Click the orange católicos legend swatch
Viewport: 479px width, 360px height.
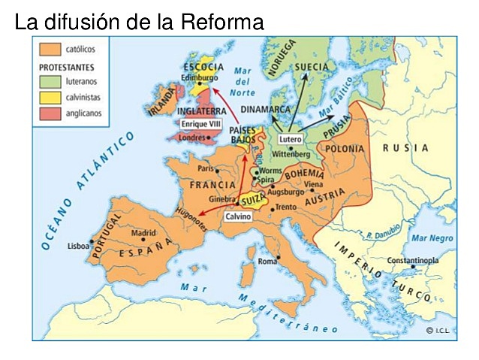click(x=50, y=50)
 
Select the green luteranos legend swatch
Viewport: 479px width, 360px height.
click(x=50, y=81)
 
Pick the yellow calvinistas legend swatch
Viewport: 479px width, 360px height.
click(x=50, y=97)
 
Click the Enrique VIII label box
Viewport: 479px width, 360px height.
click(x=199, y=122)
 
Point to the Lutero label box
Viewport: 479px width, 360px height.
click(x=289, y=139)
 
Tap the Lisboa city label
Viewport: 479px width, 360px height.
click(x=77, y=245)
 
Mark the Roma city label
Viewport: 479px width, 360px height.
click(x=267, y=262)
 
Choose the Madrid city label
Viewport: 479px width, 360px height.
click(x=143, y=233)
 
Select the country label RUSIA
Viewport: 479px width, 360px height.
click(x=405, y=148)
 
